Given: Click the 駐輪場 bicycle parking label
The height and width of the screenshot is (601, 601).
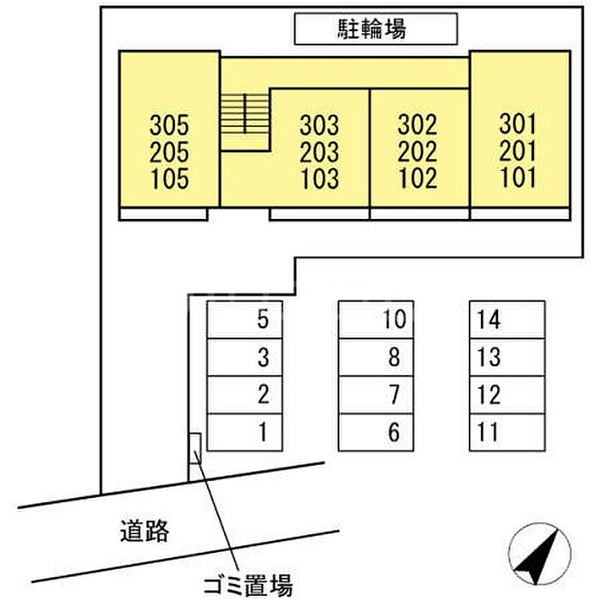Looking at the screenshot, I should pos(375,30).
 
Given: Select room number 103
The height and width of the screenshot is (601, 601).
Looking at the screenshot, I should pos(319,180).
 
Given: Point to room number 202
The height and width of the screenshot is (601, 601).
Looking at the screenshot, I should pos(418,152).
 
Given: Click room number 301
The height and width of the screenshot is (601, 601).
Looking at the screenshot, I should pos(518,124).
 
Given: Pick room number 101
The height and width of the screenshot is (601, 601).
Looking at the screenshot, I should pos(518,179).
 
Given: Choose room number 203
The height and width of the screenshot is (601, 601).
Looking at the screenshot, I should pos(319,153).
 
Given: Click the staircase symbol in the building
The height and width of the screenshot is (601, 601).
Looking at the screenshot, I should pos(246,112).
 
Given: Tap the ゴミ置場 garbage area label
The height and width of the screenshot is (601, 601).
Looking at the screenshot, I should pos(248,586).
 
